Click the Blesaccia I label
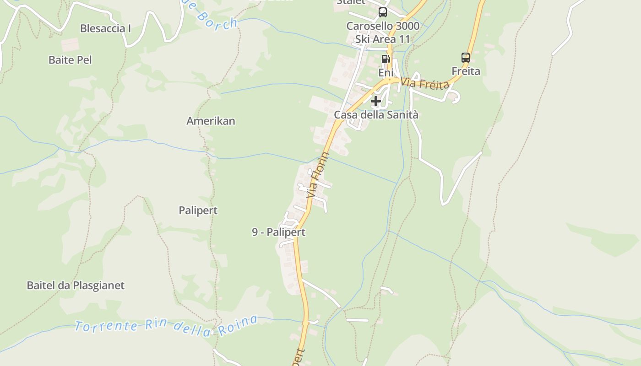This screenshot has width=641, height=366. click(105, 28)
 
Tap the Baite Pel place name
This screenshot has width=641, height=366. click(70, 60)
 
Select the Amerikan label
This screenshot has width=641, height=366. click(211, 121)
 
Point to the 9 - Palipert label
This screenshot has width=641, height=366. click(278, 232)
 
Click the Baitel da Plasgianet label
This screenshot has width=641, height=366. click(76, 285)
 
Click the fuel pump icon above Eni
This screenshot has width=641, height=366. click(386, 59)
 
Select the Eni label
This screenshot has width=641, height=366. click(386, 73)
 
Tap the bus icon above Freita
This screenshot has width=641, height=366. click(466, 58)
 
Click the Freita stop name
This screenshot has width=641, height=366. click(466, 71)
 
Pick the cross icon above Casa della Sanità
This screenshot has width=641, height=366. click(376, 101)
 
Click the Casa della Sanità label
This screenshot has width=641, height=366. click(376, 115)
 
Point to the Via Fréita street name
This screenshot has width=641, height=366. click(424, 84)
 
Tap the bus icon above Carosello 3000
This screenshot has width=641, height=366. click(383, 12)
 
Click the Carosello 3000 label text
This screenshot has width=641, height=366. click(383, 26)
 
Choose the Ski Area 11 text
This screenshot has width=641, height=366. click(383, 39)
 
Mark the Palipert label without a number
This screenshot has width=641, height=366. click(198, 210)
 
